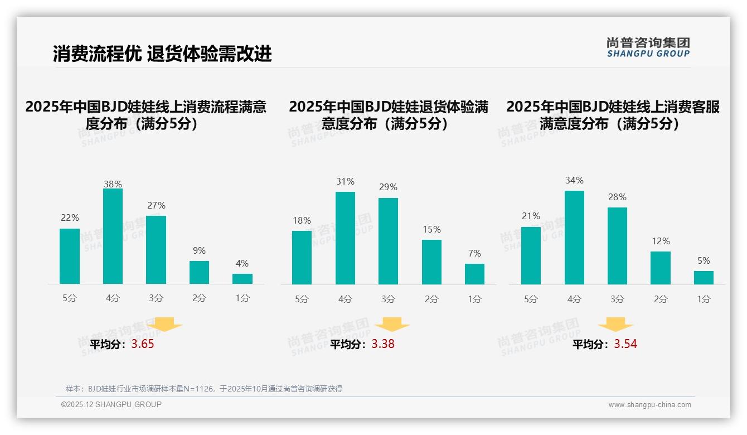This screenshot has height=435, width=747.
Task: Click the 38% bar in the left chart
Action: pos(113,236)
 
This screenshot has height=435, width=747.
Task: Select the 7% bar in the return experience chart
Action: pos(474,274)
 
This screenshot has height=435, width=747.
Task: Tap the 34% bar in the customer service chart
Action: pos(574,238)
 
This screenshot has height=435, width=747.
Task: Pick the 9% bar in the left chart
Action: pos(199,273)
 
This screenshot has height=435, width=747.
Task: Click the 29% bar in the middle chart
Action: pos(388,241)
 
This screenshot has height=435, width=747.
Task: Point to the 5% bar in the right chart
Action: pos(704,278)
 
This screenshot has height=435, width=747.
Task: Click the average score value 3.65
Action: pos(143,344)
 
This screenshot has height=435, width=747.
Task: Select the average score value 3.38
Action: pos(383,344)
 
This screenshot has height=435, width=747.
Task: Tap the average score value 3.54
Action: pos(625,344)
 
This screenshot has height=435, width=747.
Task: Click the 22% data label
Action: pos(70,217)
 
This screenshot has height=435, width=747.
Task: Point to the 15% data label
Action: pos(431,229)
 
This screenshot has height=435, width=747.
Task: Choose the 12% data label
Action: pos(661,241)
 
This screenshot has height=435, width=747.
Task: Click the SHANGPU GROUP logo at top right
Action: pos(648,47)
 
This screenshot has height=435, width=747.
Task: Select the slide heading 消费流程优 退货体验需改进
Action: pos(162,54)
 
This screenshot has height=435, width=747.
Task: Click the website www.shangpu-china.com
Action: pos(649,405)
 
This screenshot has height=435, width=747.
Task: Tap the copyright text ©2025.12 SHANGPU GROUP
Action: pos(111,404)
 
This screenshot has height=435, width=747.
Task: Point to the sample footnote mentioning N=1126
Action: pos(204,389)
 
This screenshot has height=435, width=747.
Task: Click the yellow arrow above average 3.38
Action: pos(392,325)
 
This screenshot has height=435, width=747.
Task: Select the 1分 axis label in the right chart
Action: pos(704,299)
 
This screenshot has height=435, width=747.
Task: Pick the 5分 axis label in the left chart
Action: pos(70,298)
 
